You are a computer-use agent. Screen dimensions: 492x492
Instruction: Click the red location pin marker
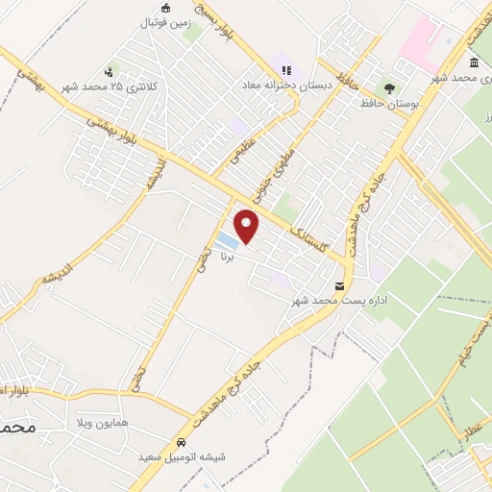(x=248, y=225)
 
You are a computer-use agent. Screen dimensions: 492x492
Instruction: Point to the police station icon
(x=111, y=72)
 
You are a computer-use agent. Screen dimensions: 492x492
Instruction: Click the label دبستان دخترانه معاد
(x=288, y=85)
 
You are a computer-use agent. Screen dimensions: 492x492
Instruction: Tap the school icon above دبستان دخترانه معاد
(x=287, y=68)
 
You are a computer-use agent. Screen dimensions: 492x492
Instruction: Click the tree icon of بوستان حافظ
(x=388, y=86)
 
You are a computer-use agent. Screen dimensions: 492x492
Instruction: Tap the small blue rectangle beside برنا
(x=226, y=238)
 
